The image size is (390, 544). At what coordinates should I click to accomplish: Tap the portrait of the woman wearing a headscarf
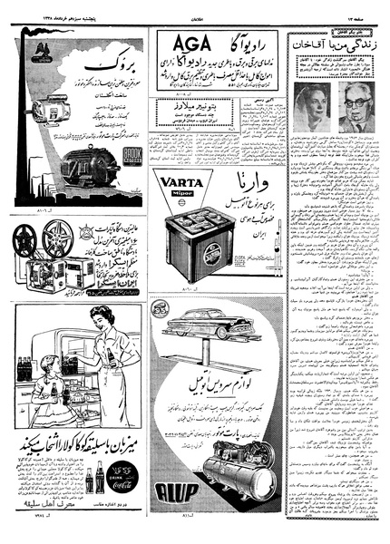point(311,106)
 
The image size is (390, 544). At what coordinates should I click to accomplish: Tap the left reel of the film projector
point(27,239)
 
